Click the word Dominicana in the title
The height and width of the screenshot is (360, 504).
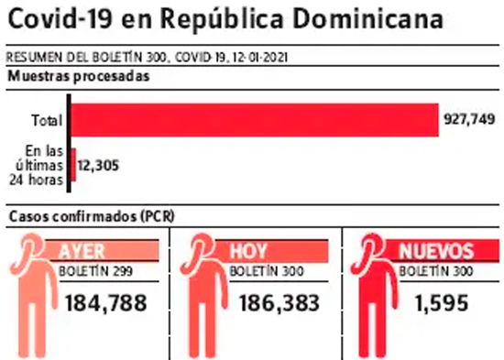click(x=368, y=19)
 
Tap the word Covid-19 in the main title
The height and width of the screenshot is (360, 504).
click(x=60, y=19)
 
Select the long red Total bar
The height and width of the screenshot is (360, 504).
click(x=255, y=120)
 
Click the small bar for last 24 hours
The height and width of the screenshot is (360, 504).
click(x=73, y=165)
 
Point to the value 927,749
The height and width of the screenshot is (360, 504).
click(x=469, y=120)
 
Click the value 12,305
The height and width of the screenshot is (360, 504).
click(x=98, y=166)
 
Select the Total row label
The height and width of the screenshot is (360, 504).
click(x=47, y=121)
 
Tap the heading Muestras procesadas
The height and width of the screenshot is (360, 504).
click(x=79, y=77)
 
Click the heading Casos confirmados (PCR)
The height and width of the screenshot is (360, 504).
click(x=92, y=217)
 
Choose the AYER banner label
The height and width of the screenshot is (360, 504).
click(x=82, y=251)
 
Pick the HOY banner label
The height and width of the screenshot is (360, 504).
click(x=248, y=251)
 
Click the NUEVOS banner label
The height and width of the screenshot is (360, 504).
click(x=436, y=251)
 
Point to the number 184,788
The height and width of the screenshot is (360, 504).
click(x=106, y=303)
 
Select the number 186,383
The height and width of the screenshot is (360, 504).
click(x=279, y=303)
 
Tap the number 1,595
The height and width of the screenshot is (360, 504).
click(x=442, y=303)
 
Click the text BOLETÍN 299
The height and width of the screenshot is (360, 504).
click(x=95, y=271)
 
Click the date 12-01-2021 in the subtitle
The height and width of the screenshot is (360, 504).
click(x=260, y=58)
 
